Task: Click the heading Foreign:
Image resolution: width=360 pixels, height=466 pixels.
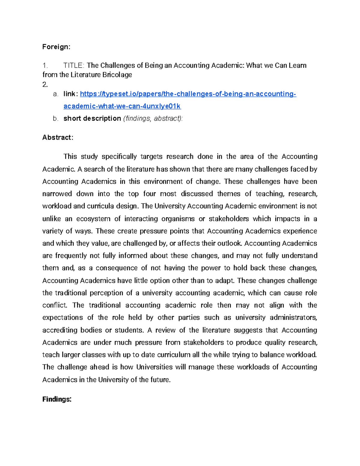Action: click(x=56, y=47)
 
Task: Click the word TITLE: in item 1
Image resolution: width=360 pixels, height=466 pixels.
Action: click(x=74, y=65)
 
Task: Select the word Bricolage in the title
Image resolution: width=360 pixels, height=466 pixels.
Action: click(x=117, y=75)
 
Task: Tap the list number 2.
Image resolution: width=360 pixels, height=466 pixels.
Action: click(x=45, y=85)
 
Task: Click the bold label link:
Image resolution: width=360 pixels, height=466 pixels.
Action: click(x=71, y=94)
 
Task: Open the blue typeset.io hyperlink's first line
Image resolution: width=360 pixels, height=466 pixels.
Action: click(x=188, y=94)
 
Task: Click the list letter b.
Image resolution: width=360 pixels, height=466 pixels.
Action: click(x=55, y=119)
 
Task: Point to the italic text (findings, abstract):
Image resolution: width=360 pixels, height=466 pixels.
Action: click(x=153, y=119)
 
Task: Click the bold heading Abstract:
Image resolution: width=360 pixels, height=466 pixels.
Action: click(x=58, y=137)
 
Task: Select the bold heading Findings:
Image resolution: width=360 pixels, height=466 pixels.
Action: click(x=57, y=399)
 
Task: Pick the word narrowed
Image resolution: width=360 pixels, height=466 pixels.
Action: click(x=57, y=194)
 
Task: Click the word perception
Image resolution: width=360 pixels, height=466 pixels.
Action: click(x=106, y=293)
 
